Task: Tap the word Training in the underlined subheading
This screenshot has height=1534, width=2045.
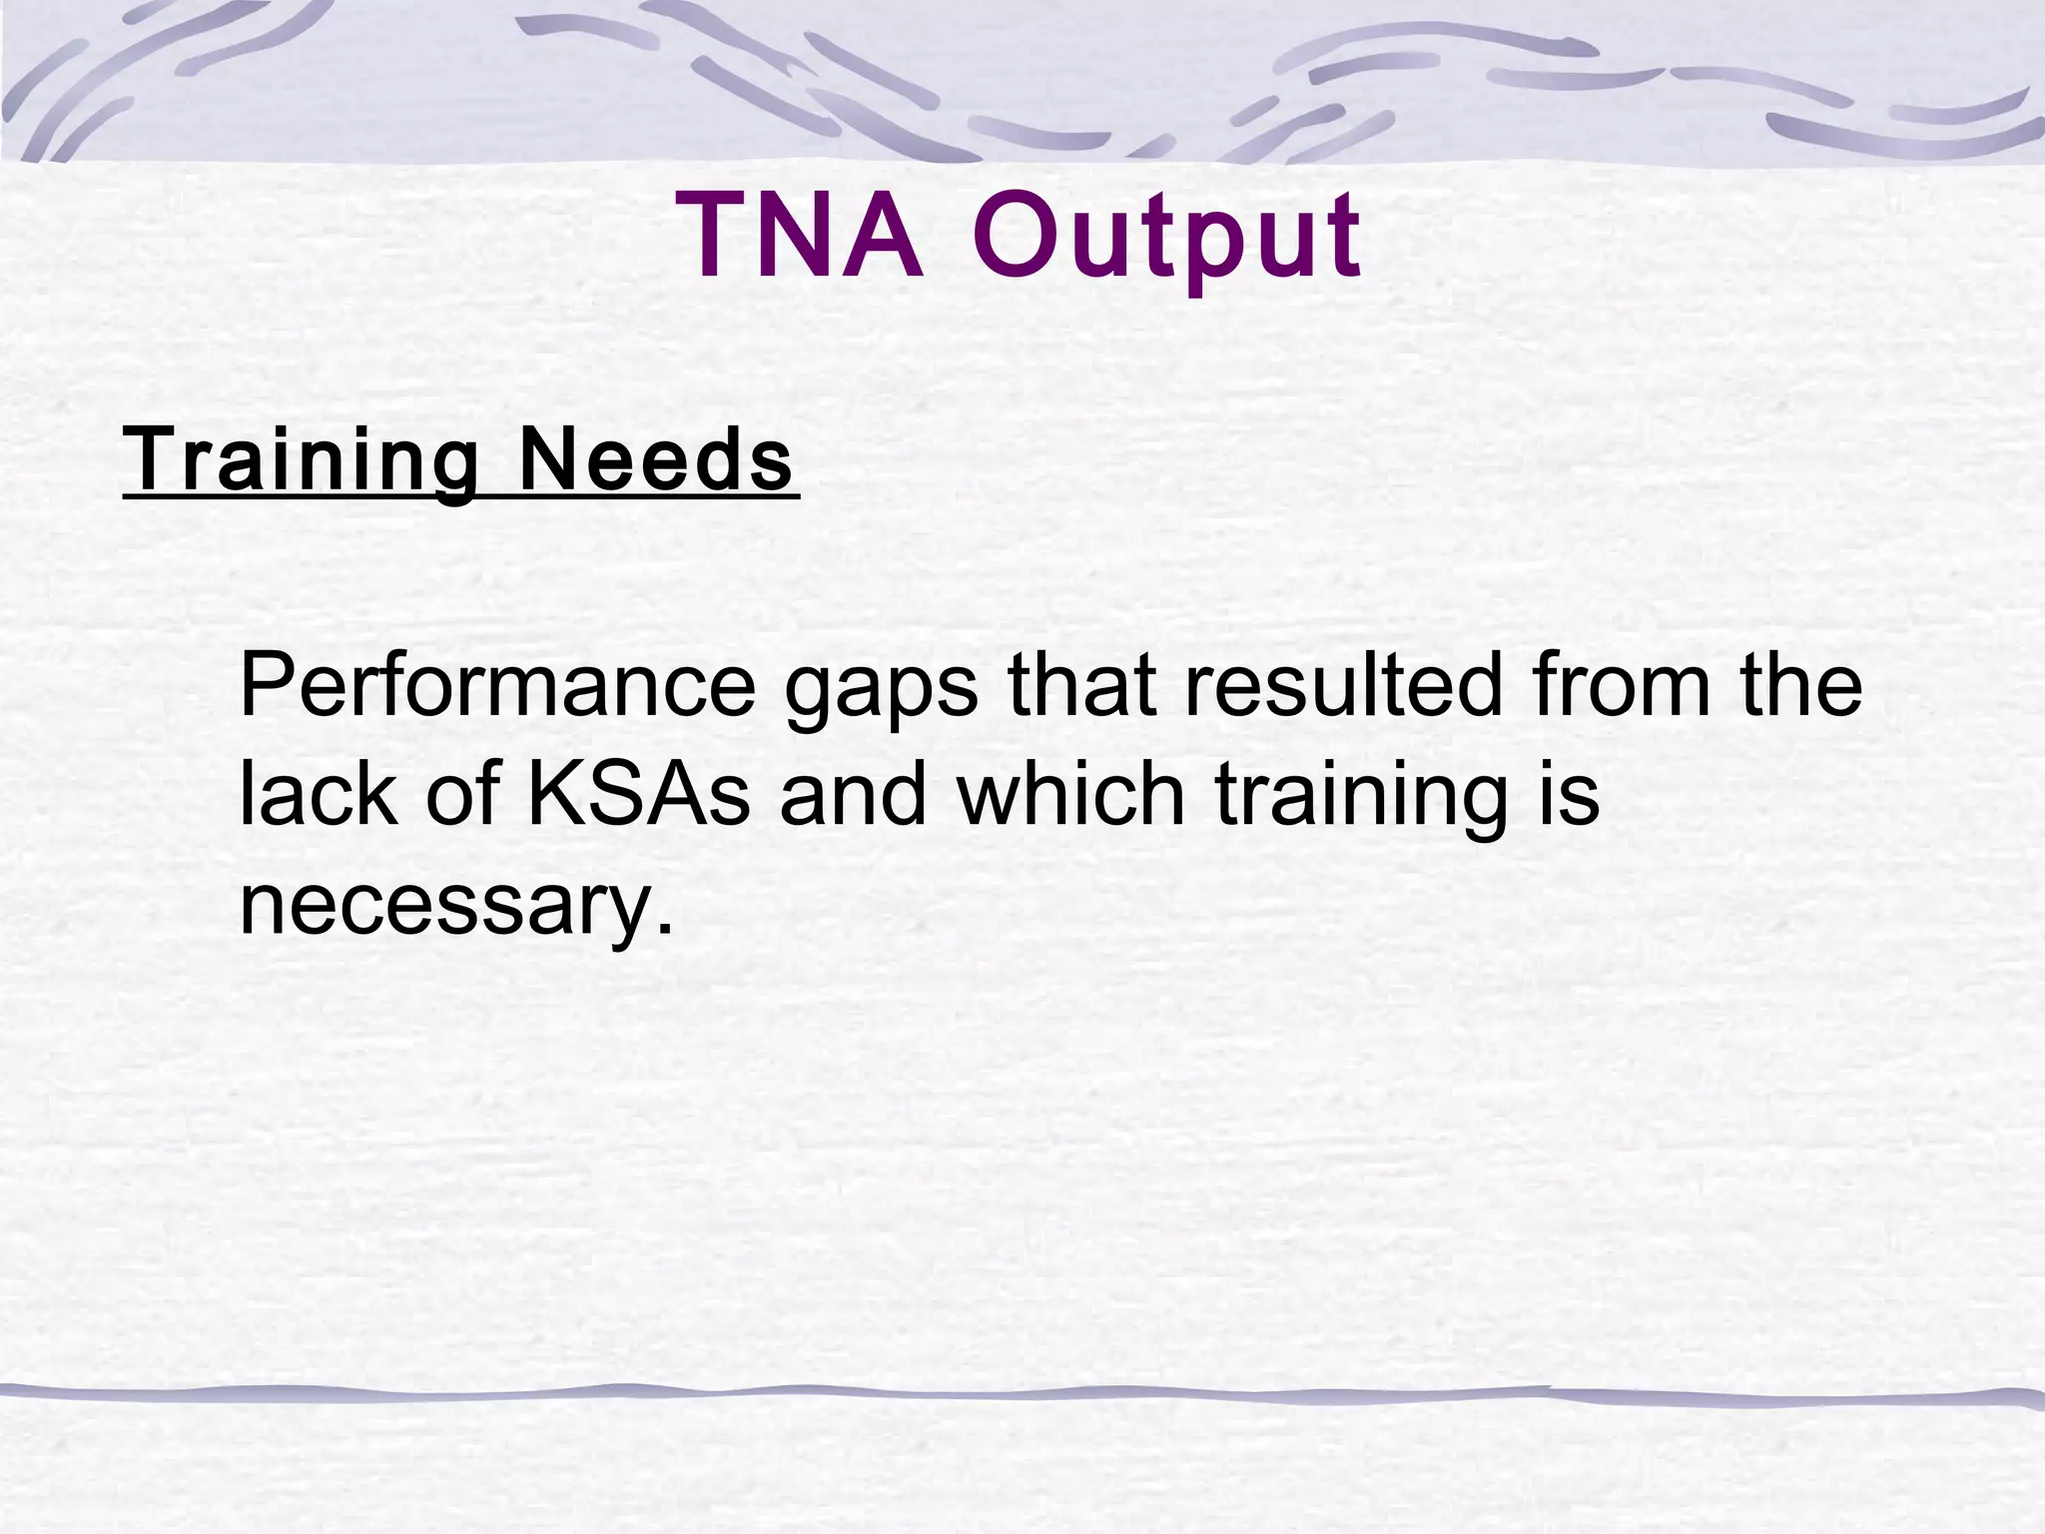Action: (300, 460)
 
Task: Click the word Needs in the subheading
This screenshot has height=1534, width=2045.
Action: (656, 460)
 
